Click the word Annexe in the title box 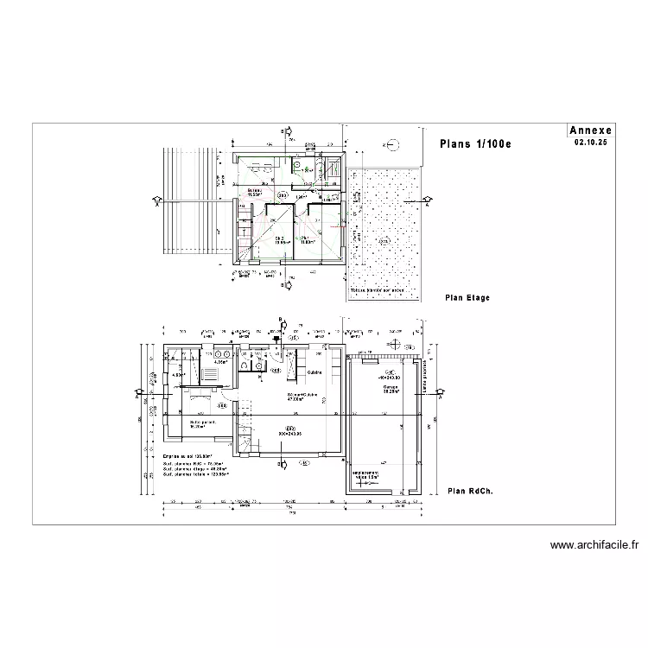(x=591, y=130)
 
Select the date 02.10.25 (x=591, y=141)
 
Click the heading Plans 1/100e (x=475, y=143)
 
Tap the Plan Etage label (x=467, y=298)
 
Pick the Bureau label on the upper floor (x=255, y=191)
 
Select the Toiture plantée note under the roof (x=378, y=291)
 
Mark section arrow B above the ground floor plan (x=279, y=323)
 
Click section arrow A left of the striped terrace (x=156, y=202)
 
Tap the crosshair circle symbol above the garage (x=391, y=144)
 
